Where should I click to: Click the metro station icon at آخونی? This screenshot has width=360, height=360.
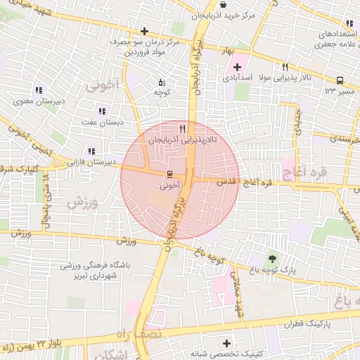tap(169, 174)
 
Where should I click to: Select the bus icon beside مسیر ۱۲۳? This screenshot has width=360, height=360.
tap(340, 80)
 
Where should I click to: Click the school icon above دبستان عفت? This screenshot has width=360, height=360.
tap(103, 110)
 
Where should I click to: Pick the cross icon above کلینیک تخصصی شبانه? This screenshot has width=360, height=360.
tap(226, 344)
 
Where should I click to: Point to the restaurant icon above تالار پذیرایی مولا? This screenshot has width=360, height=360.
tap(285, 67)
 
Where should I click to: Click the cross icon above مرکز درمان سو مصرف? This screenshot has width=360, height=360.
tap(144, 31)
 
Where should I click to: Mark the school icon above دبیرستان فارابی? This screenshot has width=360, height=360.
tap(91, 150)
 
